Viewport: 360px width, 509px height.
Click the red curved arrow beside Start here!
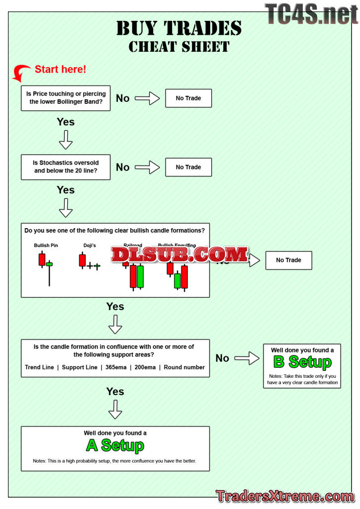(x=21, y=73)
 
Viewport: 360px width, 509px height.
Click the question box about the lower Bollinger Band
(x=66, y=98)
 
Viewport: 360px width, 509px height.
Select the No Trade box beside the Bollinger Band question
(x=188, y=98)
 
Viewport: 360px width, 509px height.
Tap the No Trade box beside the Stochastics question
(x=188, y=168)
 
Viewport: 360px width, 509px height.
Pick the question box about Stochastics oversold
(x=66, y=167)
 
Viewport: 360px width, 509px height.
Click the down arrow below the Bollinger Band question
(x=66, y=140)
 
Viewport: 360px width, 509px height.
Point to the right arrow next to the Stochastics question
(x=147, y=168)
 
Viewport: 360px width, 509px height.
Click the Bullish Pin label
(x=46, y=246)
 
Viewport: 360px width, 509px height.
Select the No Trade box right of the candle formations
(x=288, y=260)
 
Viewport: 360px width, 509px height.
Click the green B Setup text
(x=302, y=362)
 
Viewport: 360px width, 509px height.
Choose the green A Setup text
(x=115, y=445)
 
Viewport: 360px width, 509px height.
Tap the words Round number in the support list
(x=184, y=368)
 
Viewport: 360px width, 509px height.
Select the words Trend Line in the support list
(x=39, y=368)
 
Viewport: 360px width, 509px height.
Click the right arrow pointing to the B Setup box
(x=247, y=358)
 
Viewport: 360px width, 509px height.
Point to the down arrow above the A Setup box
(x=115, y=409)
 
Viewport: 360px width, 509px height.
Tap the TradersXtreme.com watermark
(x=285, y=496)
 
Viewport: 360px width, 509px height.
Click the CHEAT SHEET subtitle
(x=179, y=47)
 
